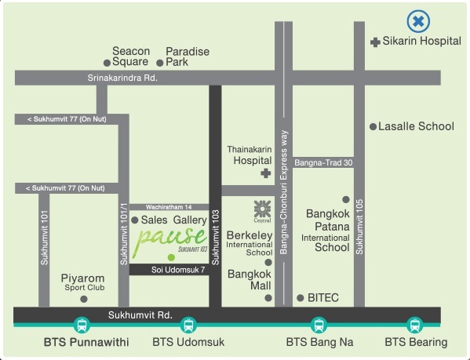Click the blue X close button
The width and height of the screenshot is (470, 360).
[418, 21]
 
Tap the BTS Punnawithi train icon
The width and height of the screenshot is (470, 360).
[82, 325]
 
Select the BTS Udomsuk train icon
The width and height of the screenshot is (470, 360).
[188, 325]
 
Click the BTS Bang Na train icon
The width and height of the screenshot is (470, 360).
[319, 325]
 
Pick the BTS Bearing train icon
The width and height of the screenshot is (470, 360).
[415, 325]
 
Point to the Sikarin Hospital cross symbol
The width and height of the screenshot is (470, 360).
[375, 42]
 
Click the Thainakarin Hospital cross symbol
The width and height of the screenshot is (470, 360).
[265, 173]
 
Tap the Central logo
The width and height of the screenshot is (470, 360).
[262, 211]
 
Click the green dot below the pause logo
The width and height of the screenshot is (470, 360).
[171, 257]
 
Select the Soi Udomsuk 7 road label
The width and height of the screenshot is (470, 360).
[178, 270]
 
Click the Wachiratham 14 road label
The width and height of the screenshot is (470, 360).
[169, 207]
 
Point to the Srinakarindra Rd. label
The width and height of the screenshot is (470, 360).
[122, 78]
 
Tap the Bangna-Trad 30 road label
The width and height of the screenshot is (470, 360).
[323, 162]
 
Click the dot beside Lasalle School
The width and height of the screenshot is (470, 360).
[373, 127]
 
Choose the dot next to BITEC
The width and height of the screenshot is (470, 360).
[301, 298]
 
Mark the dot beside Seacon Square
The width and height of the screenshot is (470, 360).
[107, 63]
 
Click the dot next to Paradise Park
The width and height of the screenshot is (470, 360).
[160, 63]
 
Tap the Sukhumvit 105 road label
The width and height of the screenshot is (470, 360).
[359, 227]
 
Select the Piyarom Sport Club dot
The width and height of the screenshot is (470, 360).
[84, 299]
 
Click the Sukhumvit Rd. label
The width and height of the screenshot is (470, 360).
[140, 315]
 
